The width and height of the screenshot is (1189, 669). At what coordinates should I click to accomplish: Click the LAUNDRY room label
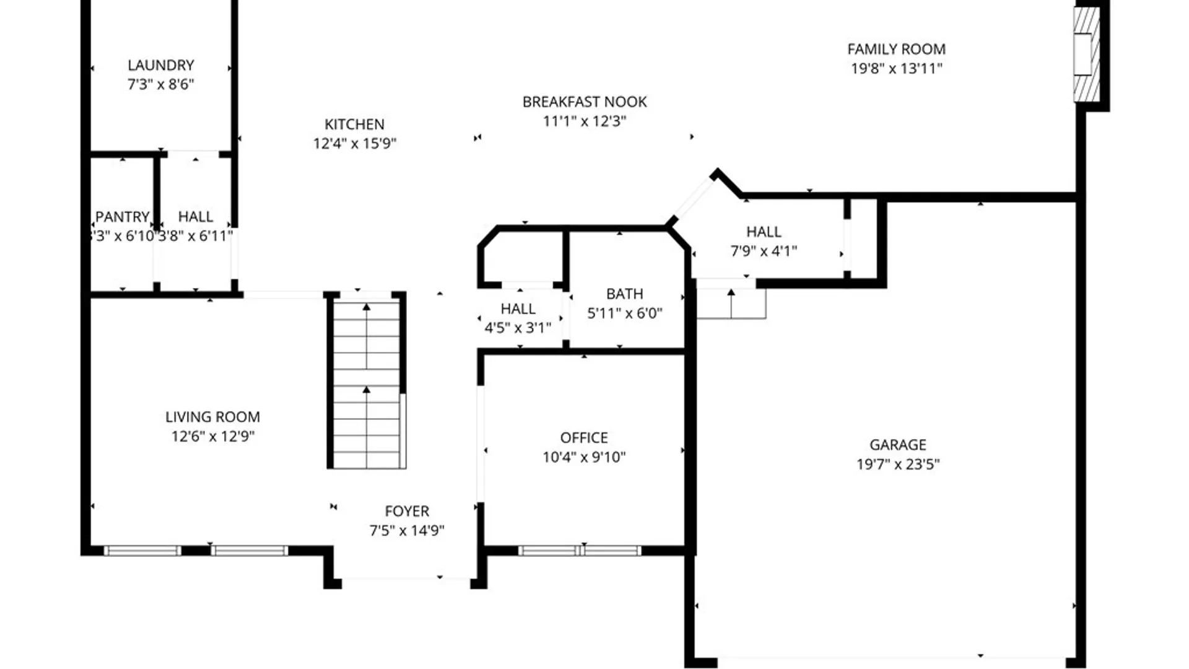click(161, 65)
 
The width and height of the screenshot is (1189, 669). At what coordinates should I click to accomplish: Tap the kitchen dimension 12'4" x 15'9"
click(354, 144)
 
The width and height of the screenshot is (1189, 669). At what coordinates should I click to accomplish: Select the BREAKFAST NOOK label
click(584, 102)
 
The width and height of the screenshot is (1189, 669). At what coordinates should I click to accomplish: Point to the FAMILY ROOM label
click(896, 49)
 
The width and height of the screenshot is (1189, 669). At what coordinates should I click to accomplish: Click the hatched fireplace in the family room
click(1086, 55)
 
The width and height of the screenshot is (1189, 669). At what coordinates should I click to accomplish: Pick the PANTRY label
click(123, 217)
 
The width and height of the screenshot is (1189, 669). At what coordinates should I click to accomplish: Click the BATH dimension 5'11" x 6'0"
click(624, 313)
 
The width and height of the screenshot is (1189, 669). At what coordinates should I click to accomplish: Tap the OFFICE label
click(583, 438)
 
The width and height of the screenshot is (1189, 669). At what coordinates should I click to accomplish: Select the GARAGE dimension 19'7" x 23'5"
click(897, 464)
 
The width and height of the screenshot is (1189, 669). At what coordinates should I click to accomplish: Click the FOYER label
click(407, 511)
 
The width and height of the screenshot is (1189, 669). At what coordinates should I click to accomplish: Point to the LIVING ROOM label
click(212, 417)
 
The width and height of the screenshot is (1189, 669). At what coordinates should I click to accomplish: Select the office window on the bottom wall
click(579, 550)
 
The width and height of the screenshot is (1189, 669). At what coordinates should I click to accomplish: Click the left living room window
click(142, 550)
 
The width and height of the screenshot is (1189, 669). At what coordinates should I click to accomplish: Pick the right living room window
click(249, 550)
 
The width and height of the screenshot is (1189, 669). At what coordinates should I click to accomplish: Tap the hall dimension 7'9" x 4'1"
click(764, 251)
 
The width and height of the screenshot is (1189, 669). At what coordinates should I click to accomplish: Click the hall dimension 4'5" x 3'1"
click(518, 328)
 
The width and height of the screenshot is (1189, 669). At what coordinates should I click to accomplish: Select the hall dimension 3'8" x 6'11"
click(196, 236)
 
